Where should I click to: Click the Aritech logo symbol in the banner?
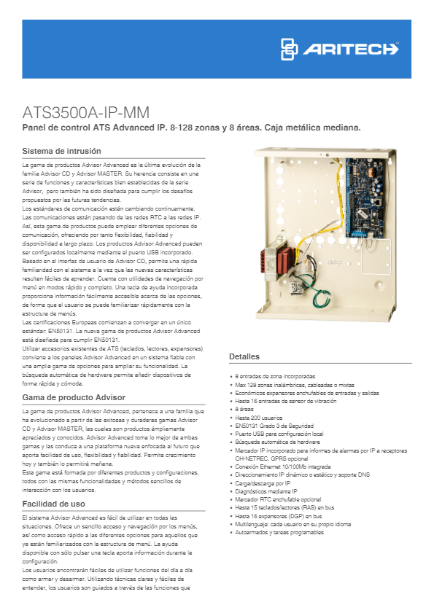click(291, 49)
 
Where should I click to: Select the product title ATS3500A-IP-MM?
click(86, 114)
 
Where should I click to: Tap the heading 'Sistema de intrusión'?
click(58, 152)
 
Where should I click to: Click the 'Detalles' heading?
click(244, 356)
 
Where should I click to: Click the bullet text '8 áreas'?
click(247, 410)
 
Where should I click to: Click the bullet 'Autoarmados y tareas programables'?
click(279, 532)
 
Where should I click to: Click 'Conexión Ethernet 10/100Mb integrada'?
click(282, 466)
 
